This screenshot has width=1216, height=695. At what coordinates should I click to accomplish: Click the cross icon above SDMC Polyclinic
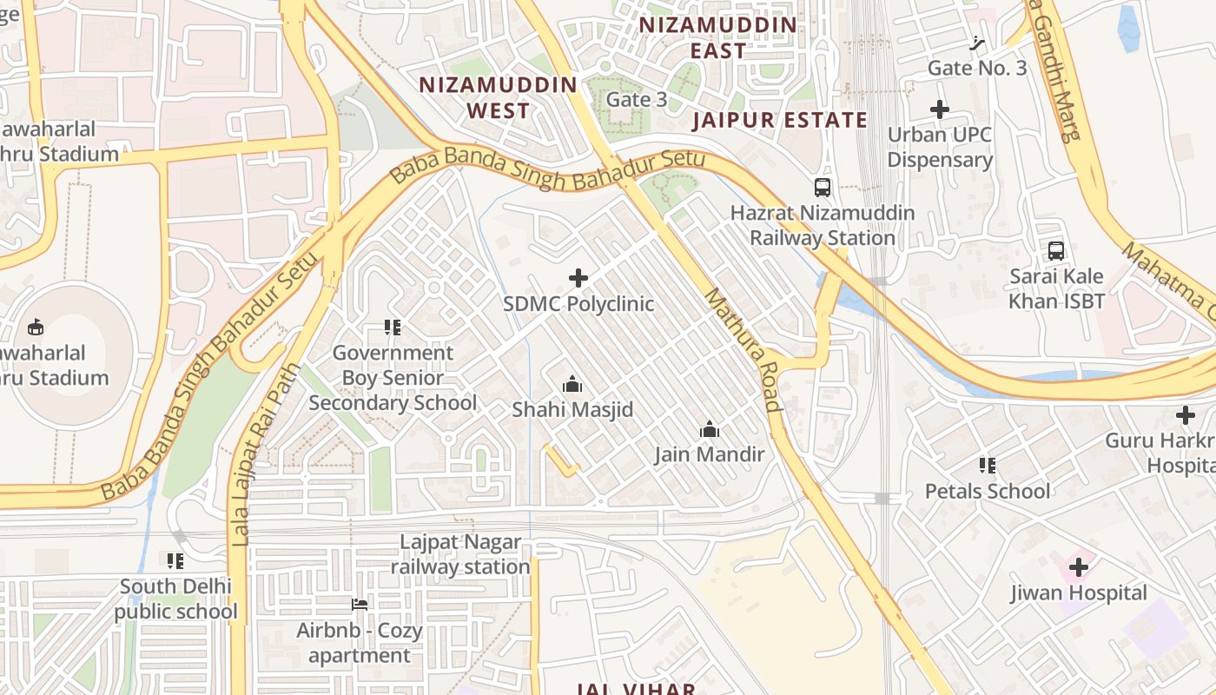(x=578, y=278)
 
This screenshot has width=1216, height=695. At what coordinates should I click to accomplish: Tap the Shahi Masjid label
(x=572, y=409)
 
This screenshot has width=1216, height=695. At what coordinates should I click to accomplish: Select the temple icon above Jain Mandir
(x=710, y=429)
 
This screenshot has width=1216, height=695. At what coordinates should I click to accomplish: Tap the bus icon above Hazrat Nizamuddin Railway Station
(x=822, y=187)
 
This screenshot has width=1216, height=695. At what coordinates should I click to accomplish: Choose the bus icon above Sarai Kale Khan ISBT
(x=1056, y=251)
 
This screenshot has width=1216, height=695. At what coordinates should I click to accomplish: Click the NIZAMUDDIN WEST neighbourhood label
(x=498, y=97)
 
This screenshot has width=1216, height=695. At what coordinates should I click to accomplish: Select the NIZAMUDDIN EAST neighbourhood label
(x=717, y=37)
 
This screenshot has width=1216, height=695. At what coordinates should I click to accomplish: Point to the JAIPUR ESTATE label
(x=779, y=120)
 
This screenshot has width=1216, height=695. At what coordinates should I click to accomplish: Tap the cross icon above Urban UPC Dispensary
(x=940, y=109)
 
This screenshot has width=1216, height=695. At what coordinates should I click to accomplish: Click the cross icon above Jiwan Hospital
(x=1079, y=567)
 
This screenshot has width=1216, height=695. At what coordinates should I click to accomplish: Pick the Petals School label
(x=988, y=491)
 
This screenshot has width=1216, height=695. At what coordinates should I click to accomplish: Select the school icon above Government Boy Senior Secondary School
(x=393, y=328)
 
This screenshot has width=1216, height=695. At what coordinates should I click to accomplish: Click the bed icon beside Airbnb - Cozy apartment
(x=360, y=605)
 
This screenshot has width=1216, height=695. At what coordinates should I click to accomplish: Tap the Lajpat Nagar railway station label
(x=460, y=554)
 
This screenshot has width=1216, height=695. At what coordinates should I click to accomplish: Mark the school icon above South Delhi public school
(x=176, y=561)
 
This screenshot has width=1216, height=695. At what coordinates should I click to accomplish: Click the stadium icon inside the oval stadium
(x=36, y=328)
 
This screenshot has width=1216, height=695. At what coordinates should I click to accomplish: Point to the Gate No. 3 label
(x=977, y=68)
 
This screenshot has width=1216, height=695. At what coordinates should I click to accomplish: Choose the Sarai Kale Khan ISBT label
(x=1056, y=289)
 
